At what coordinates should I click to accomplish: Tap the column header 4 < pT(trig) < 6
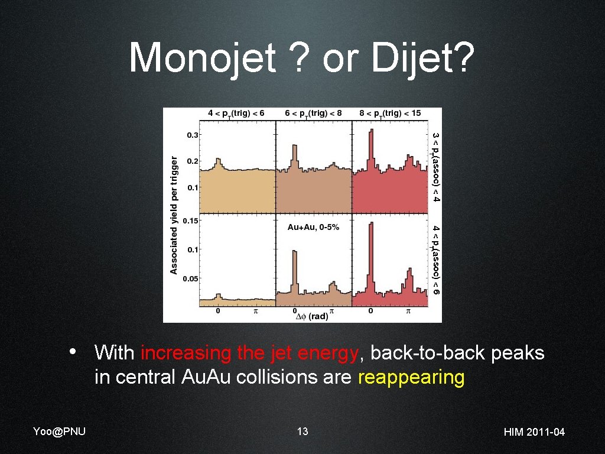[236, 113]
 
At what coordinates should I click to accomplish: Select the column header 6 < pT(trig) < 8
[313, 113]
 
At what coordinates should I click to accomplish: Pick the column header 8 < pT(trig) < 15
[389, 113]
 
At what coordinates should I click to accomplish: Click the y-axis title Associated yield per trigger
[174, 215]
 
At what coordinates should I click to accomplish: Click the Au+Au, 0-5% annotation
[313, 227]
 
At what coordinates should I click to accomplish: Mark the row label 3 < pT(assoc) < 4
[435, 167]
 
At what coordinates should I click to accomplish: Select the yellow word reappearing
[411, 377]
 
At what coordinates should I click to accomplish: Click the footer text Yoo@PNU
[59, 431]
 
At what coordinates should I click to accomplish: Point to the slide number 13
[302, 431]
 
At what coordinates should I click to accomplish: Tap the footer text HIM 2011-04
[534, 432]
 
